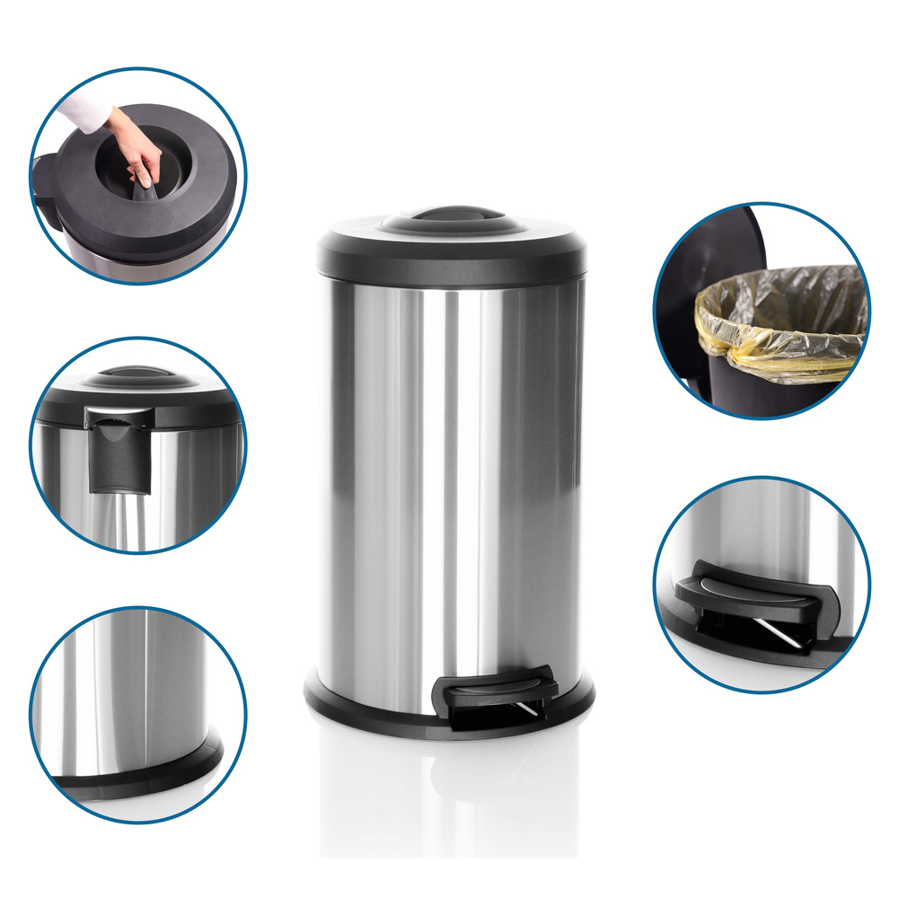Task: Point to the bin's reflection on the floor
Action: point(449,790)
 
